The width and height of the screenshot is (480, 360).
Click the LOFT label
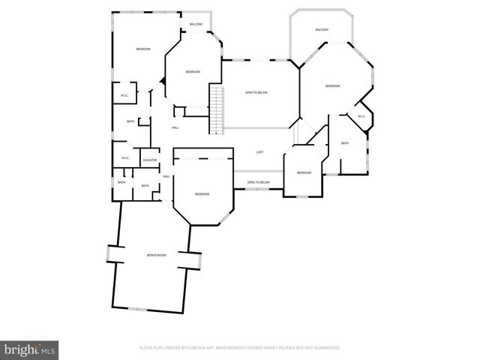tap(259, 152)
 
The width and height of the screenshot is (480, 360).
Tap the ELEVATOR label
tap(148, 160)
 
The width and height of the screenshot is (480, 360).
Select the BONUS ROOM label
tap(156, 256)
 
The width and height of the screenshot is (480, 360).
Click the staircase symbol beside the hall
tap(217, 109)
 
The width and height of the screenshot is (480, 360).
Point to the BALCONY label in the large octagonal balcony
tap(322, 29)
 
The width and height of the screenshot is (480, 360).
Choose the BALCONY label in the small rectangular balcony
tap(196, 25)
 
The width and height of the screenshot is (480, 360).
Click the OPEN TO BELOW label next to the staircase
tap(256, 92)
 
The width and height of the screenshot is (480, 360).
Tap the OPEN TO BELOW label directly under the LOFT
tap(258, 182)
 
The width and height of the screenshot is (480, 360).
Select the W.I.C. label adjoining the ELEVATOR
tap(125, 157)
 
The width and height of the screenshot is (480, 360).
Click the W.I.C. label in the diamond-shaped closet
tap(361, 116)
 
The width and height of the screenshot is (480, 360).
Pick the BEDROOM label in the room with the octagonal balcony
tap(332, 86)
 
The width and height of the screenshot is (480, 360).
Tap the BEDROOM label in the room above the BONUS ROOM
tap(202, 194)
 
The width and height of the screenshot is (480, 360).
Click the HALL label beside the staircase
tap(175, 127)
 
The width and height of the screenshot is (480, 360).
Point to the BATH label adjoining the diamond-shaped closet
tap(345, 143)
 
